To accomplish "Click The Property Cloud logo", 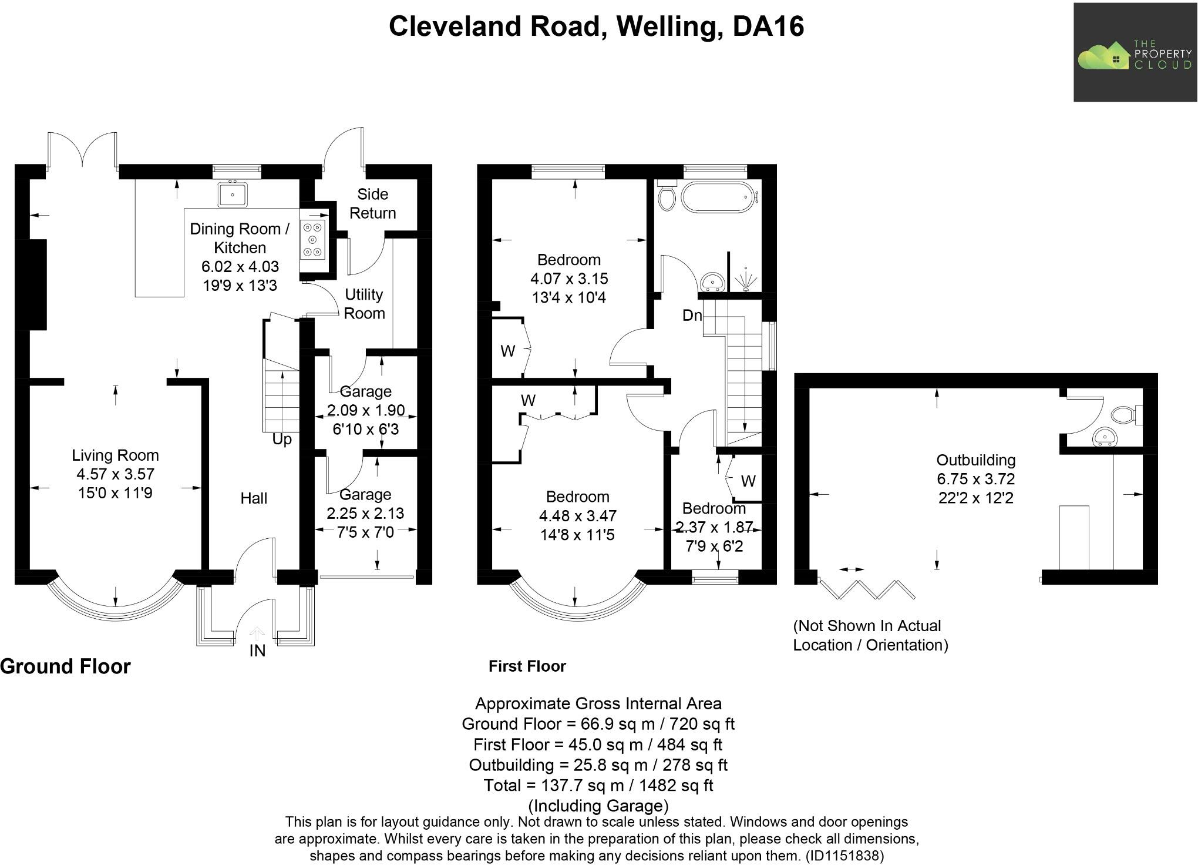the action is pyautogui.click(x=1135, y=53).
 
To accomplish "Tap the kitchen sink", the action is pyautogui.click(x=233, y=195).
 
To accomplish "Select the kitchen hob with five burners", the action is pyautogui.click(x=313, y=239).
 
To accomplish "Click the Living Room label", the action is pyautogui.click(x=115, y=455).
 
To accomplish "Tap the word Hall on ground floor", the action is pyautogui.click(x=254, y=498).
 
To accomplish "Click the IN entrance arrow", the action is pyautogui.click(x=257, y=633).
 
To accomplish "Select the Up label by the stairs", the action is pyautogui.click(x=282, y=440).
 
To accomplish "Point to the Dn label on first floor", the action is pyautogui.click(x=692, y=316).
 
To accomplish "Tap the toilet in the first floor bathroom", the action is pyautogui.click(x=667, y=196).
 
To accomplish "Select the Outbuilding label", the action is pyautogui.click(x=975, y=460).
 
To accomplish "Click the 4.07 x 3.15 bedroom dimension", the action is pyautogui.click(x=568, y=279).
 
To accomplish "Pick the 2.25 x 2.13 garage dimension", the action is pyautogui.click(x=365, y=514).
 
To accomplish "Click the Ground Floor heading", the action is pyautogui.click(x=65, y=666).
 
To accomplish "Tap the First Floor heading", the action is pyautogui.click(x=527, y=666).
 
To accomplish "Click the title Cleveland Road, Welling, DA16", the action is pyautogui.click(x=596, y=26).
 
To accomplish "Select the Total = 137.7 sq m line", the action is pyautogui.click(x=598, y=785).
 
